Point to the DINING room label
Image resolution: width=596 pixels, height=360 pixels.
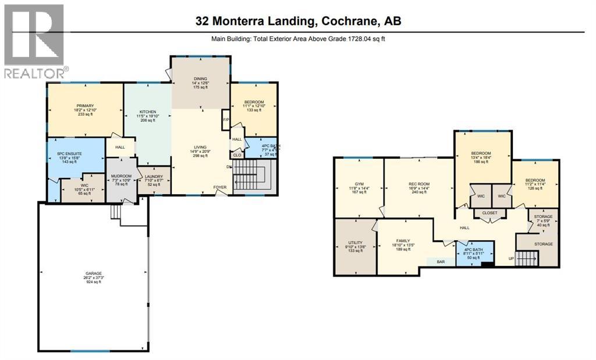pyautogui.click(x=200, y=79)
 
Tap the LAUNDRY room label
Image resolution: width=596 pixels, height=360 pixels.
pyautogui.click(x=154, y=177)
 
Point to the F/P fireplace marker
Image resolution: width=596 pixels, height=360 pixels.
pyautogui.click(x=225, y=120)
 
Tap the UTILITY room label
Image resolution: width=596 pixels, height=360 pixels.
pyautogui.click(x=354, y=243)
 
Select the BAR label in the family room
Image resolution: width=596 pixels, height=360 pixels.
pyautogui.click(x=441, y=262)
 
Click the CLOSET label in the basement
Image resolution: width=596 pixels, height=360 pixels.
pyautogui.click(x=489, y=213)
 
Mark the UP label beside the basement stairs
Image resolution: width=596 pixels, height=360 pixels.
pyautogui.click(x=512, y=258)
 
